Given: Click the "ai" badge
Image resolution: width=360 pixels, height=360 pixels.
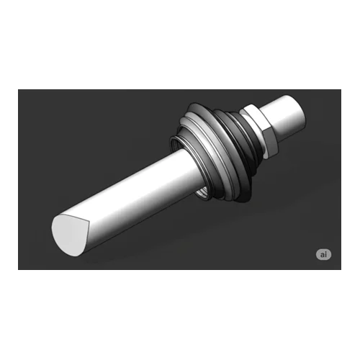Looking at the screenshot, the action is (x=323, y=254).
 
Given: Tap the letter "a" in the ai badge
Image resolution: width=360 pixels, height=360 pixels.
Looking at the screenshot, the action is (x=322, y=255).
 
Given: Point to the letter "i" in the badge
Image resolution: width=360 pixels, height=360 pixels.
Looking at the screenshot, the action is (x=325, y=254).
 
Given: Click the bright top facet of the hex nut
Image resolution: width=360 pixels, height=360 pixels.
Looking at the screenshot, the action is (x=255, y=118).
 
